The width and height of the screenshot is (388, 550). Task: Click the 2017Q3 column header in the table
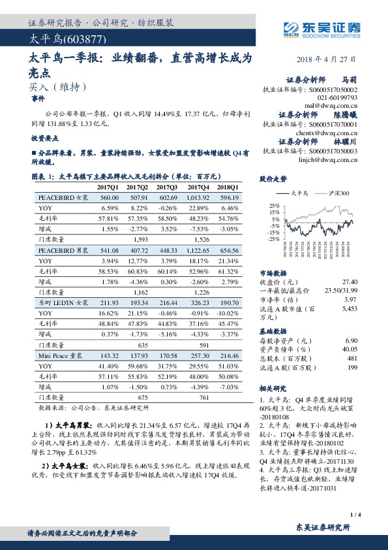168,186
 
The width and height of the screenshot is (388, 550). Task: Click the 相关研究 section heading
273,387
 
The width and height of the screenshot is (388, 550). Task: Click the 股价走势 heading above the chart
273,178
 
